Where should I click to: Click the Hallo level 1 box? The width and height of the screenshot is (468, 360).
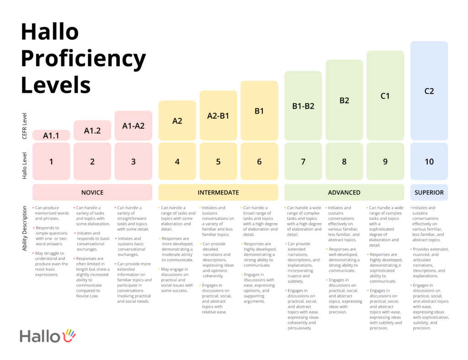pyautogui.click(x=51, y=161)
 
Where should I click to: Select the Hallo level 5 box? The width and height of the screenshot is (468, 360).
pyautogui.click(x=218, y=161)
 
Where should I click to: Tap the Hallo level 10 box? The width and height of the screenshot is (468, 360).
pyautogui.click(x=429, y=161)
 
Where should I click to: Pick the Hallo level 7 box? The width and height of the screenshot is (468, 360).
pyautogui.click(x=303, y=161)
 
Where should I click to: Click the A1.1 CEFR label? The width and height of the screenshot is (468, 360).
pyautogui.click(x=51, y=135)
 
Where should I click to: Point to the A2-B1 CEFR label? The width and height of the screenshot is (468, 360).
pyautogui.click(x=218, y=116)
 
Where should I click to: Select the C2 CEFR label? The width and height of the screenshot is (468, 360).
pyautogui.click(x=429, y=91)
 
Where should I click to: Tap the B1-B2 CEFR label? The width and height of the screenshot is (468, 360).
pyautogui.click(x=303, y=106)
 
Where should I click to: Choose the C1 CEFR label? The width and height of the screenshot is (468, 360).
pyautogui.click(x=385, y=96)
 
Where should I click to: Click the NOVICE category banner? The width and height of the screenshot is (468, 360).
pyautogui.click(x=92, y=192)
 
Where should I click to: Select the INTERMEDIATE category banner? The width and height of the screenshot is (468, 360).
pyautogui.click(x=218, y=192)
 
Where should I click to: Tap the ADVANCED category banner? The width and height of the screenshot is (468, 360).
pyautogui.click(x=344, y=192)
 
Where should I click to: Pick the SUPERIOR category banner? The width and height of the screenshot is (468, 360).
pyautogui.click(x=429, y=192)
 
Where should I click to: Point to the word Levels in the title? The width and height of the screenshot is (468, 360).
pyautogui.click(x=55, y=85)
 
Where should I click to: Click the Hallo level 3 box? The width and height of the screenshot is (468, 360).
pyautogui.click(x=133, y=161)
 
